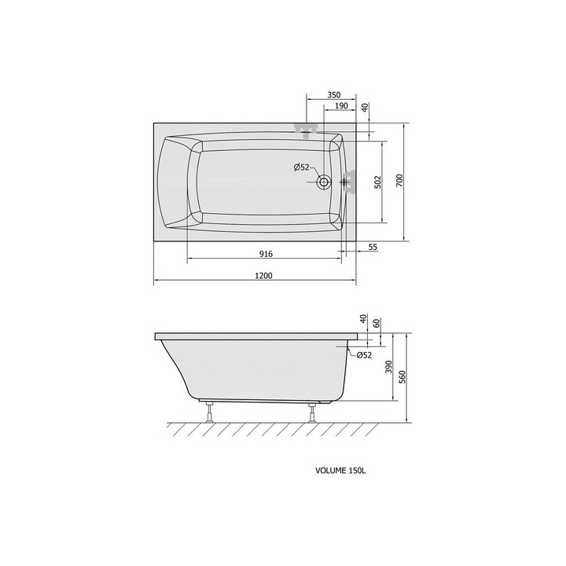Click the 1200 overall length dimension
tap(263, 276)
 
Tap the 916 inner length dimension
tap(266, 254)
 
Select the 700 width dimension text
tap(399, 181)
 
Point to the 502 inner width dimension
tap(377, 182)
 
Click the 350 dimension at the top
tap(333, 95)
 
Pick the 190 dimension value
tap(341, 106)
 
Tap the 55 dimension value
tap(373, 247)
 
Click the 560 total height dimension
tap(402, 377)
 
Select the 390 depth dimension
tap(388, 367)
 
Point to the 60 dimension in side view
tap(377, 323)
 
